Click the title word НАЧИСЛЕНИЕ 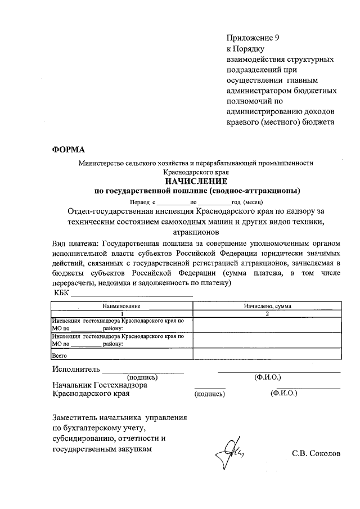196,181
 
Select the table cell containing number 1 121,313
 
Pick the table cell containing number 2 268,313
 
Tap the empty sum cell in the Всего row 268,355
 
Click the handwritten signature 230,453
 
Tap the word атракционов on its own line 196,231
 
